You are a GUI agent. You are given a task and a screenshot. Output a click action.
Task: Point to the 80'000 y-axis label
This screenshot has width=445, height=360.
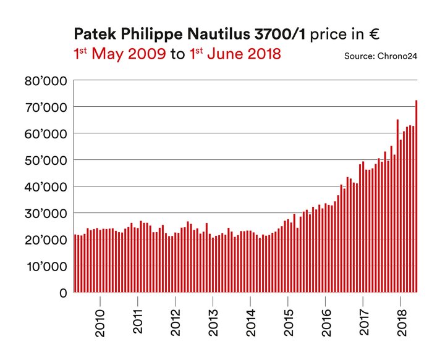coord(46,80)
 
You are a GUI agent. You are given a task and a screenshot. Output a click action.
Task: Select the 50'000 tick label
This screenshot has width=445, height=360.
coord(46,160)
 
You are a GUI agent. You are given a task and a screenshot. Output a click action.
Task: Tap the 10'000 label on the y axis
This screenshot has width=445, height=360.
coord(46,266)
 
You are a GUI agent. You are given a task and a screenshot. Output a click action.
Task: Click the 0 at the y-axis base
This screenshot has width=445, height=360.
coord(62,293)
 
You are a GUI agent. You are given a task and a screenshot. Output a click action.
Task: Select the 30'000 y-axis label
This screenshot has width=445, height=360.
coord(46,213)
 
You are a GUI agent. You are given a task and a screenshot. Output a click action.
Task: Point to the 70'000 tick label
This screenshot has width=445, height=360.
coord(46,107)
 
